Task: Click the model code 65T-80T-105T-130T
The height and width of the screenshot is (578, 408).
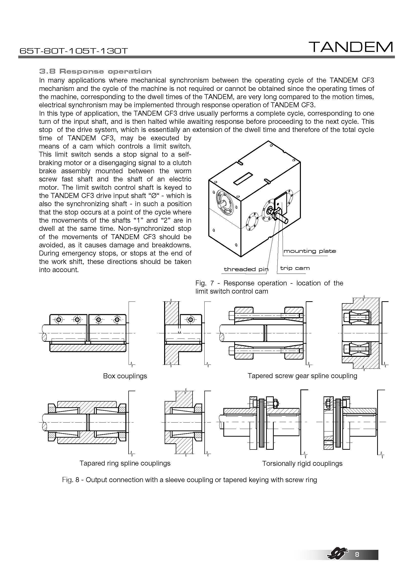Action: pos(74,51)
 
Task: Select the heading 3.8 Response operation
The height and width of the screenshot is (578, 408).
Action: pos(95,71)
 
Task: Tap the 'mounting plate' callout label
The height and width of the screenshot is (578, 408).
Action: pos(310,251)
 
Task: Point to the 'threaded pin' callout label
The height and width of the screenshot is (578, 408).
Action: pos(246,269)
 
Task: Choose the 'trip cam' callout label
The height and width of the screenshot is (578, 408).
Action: pos(295,268)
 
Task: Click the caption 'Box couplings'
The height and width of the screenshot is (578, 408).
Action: pos(125,376)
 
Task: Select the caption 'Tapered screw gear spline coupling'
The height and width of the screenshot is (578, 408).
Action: pos(302,376)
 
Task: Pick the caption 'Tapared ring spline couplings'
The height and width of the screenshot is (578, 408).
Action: pos(125,463)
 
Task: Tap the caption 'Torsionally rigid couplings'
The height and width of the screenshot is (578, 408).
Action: pos(302,463)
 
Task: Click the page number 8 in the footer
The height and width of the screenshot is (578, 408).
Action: pos(357,561)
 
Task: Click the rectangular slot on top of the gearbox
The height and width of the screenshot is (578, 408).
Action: pos(243,178)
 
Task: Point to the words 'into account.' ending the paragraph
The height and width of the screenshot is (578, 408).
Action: pos(59,270)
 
